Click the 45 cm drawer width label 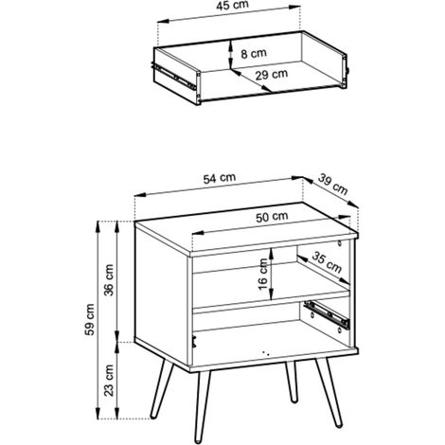tap(233, 6)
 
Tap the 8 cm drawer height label tap(254, 53)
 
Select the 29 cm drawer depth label tap(272, 75)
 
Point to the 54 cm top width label tap(220, 178)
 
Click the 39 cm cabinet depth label tap(332, 185)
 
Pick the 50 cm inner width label tap(272, 217)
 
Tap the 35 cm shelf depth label tap(327, 262)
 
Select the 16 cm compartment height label tap(262, 274)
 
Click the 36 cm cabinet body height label tap(109, 280)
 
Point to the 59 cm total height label tap(90, 319)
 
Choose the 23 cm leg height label tap(109, 380)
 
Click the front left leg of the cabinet tap(202, 406)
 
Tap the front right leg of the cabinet tap(329, 392)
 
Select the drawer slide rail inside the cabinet tap(327, 314)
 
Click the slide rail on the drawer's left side tap(173, 77)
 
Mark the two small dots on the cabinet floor tap(266, 353)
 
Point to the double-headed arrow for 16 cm tap(272, 274)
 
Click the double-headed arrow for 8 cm tap(231, 54)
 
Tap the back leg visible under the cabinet tap(293, 381)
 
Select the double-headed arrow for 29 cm tap(251, 81)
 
